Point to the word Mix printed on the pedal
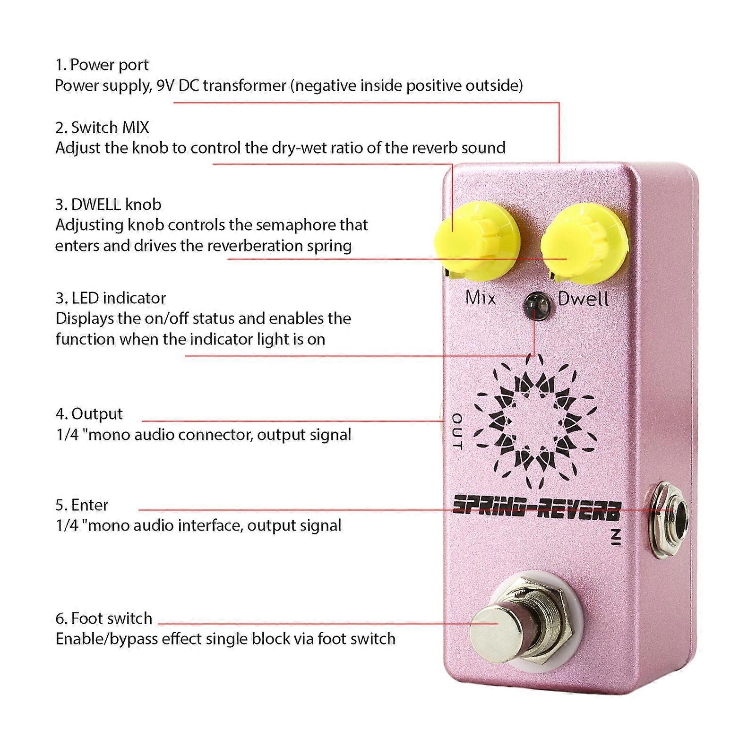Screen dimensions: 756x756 click(x=480, y=298)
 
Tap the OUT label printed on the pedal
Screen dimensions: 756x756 click(x=457, y=431)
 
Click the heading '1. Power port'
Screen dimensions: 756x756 click(x=102, y=65)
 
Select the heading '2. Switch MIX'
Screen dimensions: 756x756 click(x=102, y=127)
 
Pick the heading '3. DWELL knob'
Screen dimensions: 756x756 click(x=108, y=204)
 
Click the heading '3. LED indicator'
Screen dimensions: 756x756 click(x=111, y=298)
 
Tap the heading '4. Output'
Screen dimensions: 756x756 click(x=89, y=413)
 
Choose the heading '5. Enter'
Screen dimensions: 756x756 click(x=82, y=505)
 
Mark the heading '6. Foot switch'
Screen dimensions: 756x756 click(x=104, y=618)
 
